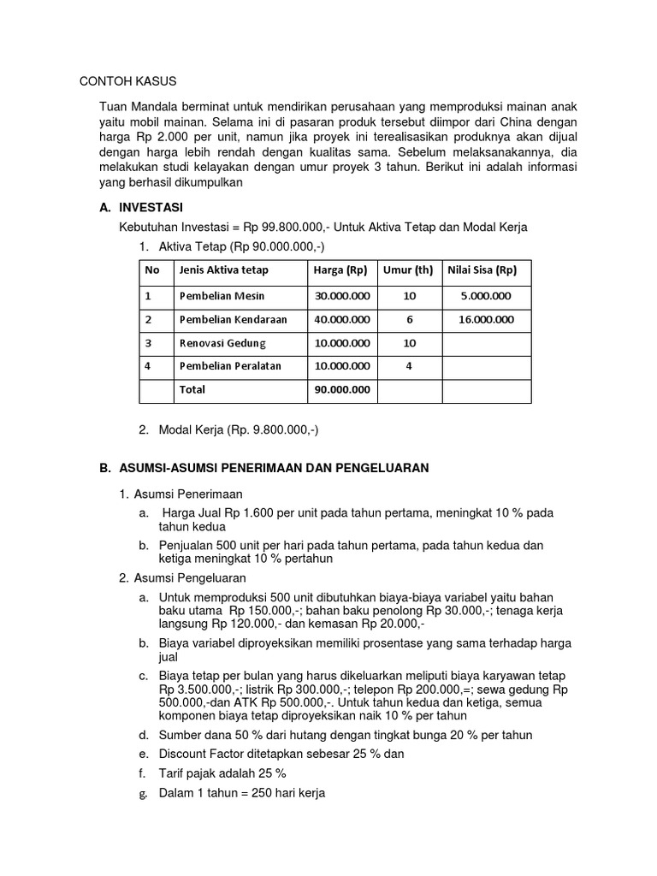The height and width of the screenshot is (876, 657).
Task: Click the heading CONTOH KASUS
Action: pos(127,81)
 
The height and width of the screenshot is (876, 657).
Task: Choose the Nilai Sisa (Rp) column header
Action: pos(482,270)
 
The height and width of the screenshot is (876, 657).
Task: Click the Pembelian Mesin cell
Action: pos(222,296)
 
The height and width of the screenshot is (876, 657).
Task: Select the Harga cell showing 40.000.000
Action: pos(342,319)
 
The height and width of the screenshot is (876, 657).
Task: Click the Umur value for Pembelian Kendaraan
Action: pos(409,319)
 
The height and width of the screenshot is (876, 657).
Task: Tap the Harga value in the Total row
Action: pos(342,389)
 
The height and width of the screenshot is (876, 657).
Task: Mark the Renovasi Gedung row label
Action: pos(222,343)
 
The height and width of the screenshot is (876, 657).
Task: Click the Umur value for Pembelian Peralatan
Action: pos(409,366)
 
